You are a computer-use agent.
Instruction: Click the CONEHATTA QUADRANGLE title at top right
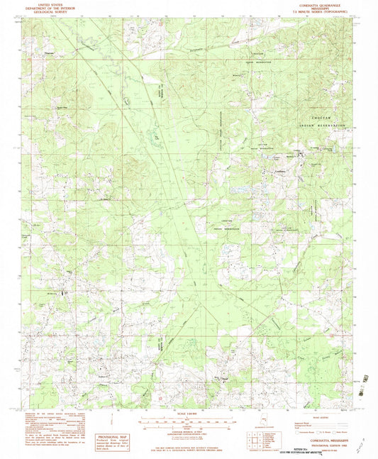(318, 4)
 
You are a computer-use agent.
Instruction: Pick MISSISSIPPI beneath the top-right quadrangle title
(318, 8)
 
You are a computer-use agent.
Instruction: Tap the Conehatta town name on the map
(279, 170)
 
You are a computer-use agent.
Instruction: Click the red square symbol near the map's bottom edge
(161, 398)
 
